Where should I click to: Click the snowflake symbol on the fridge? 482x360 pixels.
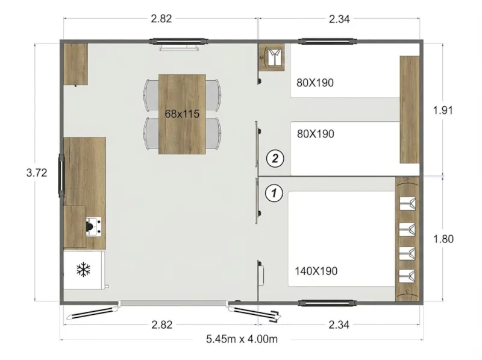(x=83, y=270)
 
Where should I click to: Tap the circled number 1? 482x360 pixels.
(x=275, y=193)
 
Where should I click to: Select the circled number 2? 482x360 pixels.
(x=275, y=159)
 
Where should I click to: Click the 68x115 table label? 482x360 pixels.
(x=182, y=113)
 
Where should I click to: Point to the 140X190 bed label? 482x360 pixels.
(x=316, y=271)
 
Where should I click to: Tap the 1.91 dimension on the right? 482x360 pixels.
(x=443, y=110)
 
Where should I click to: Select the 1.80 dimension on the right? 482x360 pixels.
(x=443, y=238)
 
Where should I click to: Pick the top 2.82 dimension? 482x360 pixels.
(x=161, y=19)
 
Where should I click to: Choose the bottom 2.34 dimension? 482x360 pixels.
(x=340, y=324)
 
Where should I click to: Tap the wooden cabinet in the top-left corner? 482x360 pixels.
(x=76, y=63)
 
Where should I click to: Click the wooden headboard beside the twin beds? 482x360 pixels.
(x=410, y=109)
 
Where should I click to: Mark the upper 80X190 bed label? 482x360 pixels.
(x=315, y=83)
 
